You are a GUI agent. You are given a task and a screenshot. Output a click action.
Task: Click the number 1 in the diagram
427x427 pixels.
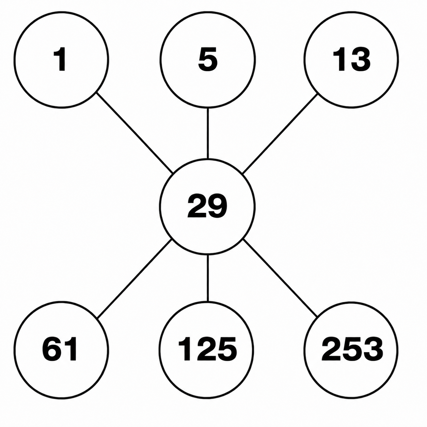pyautogui.click(x=60, y=59)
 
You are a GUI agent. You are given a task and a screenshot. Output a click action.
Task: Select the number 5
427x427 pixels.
pyautogui.click(x=208, y=60)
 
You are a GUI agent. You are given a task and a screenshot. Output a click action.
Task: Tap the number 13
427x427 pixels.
pyautogui.click(x=351, y=60)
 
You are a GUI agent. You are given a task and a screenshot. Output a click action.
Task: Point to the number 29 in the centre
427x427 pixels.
pyautogui.click(x=207, y=206)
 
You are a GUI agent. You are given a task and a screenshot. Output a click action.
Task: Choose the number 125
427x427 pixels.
pyautogui.click(x=207, y=349)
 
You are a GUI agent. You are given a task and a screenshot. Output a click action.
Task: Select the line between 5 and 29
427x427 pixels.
pyautogui.click(x=208, y=133)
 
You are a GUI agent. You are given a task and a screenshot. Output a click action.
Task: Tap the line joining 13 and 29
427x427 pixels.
pyautogui.click(x=280, y=133)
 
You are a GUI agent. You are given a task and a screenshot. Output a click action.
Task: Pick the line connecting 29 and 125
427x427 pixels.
pyautogui.click(x=208, y=278)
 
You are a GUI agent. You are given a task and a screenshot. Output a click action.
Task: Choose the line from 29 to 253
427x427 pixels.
pyautogui.click(x=280, y=278)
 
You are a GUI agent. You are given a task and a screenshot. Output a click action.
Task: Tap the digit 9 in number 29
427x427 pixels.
pyautogui.click(x=217, y=206)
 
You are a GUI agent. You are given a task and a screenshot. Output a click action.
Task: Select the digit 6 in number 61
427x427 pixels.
pyautogui.click(x=52, y=349)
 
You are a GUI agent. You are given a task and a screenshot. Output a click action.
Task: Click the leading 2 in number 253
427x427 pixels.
pyautogui.click(x=332, y=349)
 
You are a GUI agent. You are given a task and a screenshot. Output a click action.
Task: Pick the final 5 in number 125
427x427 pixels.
pyautogui.click(x=227, y=349)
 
